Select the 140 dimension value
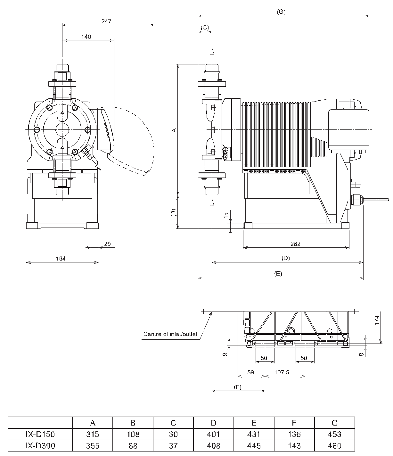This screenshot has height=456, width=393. [86, 37]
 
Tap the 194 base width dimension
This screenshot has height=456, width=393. [61, 258]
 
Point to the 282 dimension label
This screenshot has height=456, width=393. [295, 244]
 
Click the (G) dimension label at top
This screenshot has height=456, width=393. [281, 12]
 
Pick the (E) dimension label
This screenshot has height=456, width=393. [278, 273]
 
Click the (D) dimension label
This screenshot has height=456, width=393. [285, 258]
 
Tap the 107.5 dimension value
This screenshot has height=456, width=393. [282, 372]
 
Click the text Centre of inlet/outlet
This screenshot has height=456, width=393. [170, 334]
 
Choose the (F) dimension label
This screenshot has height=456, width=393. [237, 387]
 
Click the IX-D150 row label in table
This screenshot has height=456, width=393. [40, 434]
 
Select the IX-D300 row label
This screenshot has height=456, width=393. [40, 445]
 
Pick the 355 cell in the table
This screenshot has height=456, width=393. [93, 445]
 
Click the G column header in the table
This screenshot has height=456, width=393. [334, 423]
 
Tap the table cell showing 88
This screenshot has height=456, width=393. [133, 445]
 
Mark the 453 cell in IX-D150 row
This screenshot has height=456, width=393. [334, 434]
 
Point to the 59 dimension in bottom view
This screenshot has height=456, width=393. [250, 372]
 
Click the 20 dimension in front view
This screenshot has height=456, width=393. [107, 244]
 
